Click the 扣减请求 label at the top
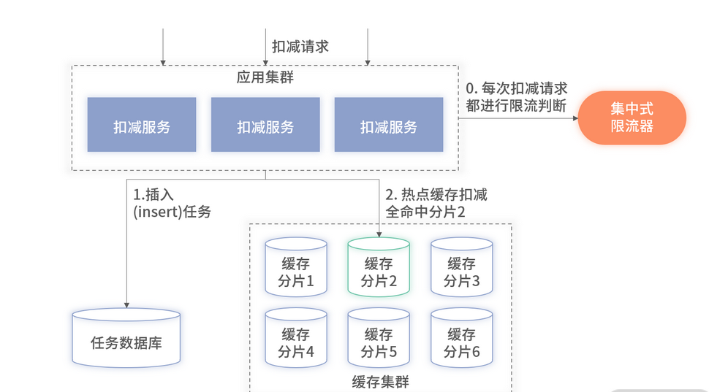click(300, 47)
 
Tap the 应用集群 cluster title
click(265, 77)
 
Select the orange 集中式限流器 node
click(632, 118)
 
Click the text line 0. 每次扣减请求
click(517, 88)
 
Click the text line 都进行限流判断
click(517, 105)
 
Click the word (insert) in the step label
click(153, 212)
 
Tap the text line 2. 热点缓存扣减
click(436, 195)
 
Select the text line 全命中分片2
click(425, 212)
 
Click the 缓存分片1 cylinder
click(296, 267)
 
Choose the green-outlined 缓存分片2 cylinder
click(379, 267)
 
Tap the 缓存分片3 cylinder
click(461, 267)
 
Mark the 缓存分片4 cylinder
click(296, 338)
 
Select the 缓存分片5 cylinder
click(379, 338)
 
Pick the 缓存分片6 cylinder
click(461, 338)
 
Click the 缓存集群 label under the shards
click(380, 382)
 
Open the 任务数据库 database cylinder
click(126, 339)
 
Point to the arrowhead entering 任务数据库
click(126, 304)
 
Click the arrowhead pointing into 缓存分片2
click(379, 234)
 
